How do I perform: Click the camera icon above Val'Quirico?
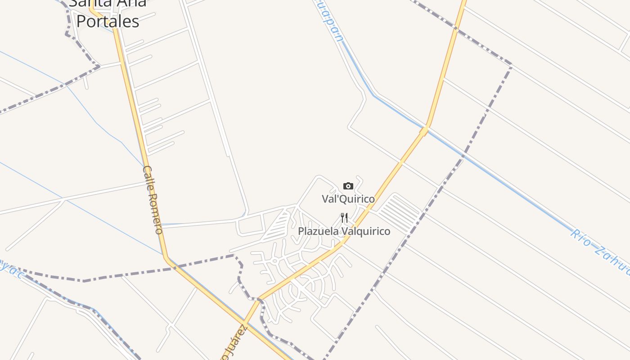[348, 186]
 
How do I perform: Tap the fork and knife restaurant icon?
[344, 218]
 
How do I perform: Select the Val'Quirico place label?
[348, 198]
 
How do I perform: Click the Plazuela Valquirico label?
[344, 231]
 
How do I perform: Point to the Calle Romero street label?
[153, 200]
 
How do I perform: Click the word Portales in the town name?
[108, 21]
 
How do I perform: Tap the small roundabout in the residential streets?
[274, 261]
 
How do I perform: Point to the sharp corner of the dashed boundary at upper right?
[512, 66]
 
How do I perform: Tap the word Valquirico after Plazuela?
[365, 231]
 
